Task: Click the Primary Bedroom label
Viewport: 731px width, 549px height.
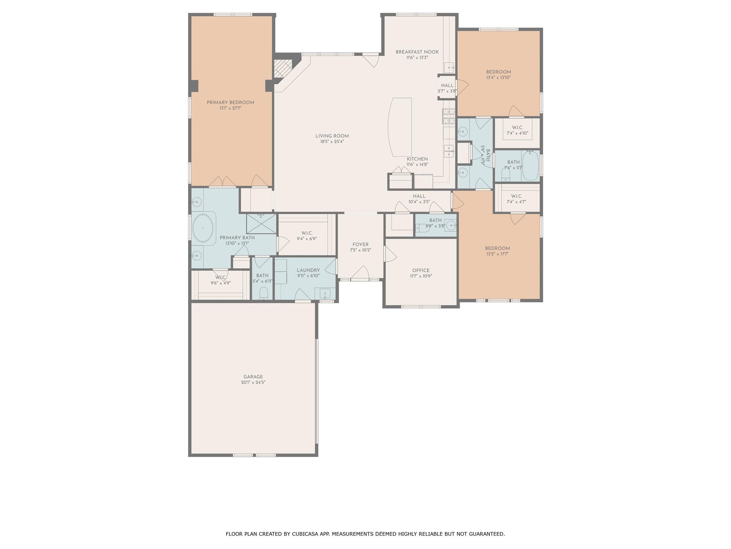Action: point(231,103)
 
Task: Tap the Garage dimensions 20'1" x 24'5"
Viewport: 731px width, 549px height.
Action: point(253,382)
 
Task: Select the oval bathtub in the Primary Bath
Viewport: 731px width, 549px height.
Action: point(203,228)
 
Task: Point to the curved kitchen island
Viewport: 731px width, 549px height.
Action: point(400,127)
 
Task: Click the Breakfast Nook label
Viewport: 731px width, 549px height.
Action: point(417,52)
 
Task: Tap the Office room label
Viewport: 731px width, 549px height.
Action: point(421,271)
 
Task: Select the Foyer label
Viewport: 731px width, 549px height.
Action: point(361,244)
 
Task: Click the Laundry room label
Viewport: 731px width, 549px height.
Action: point(308,270)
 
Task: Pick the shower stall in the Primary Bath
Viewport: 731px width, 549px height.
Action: point(262,224)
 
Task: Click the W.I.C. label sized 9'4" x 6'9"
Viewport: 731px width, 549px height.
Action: point(307,233)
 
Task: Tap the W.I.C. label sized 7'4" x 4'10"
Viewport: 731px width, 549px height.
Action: point(517,128)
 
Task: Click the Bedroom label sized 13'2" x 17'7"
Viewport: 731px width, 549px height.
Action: point(497,248)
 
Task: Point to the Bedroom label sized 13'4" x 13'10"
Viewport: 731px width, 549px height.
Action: point(498,72)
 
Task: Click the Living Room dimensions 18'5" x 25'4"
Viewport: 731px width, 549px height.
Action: point(332,142)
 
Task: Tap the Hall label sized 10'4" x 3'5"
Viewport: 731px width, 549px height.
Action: point(419,196)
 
